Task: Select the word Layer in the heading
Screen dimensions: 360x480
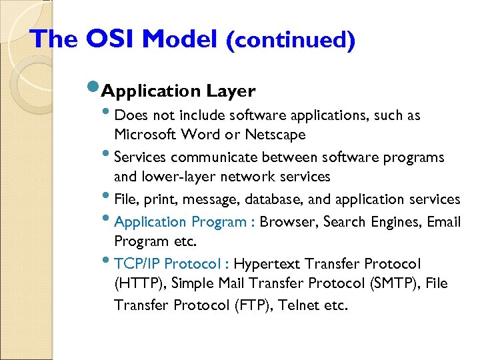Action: pyautogui.click(x=231, y=91)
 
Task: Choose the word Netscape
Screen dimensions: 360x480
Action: pyautogui.click(x=277, y=135)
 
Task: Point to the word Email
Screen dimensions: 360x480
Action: pyautogui.click(x=443, y=222)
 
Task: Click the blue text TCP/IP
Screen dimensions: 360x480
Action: pyautogui.click(x=138, y=264)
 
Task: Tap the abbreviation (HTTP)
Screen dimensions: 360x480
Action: pyautogui.click(x=139, y=284)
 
